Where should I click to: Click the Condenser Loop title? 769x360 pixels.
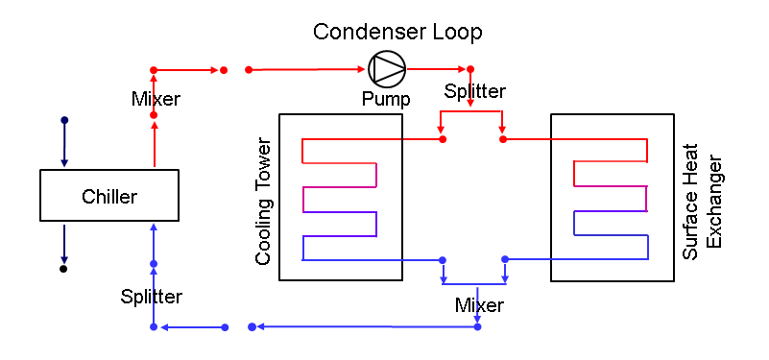[x=397, y=32]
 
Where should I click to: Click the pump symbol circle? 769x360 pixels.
[x=387, y=68]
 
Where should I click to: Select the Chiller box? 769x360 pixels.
[x=108, y=197]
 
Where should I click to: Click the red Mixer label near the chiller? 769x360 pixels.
[x=156, y=98]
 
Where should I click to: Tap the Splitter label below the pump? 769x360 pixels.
[x=474, y=92]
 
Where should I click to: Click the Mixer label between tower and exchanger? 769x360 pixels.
[x=479, y=306]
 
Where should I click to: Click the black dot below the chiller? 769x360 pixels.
[x=63, y=269]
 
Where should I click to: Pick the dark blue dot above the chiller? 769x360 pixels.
[x=64, y=120]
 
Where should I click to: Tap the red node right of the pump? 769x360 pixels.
[x=470, y=69]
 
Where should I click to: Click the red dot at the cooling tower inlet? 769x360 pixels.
[x=443, y=139]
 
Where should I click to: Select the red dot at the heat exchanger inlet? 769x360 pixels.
[x=503, y=139]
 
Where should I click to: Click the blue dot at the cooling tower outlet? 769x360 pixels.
[x=442, y=260]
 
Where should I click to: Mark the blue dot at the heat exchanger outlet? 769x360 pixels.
[x=505, y=259]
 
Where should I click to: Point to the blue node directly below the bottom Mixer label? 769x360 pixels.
[x=477, y=327]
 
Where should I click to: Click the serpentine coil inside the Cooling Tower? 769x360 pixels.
[x=341, y=200]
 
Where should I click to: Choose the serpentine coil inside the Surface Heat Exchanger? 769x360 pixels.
[x=611, y=200]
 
